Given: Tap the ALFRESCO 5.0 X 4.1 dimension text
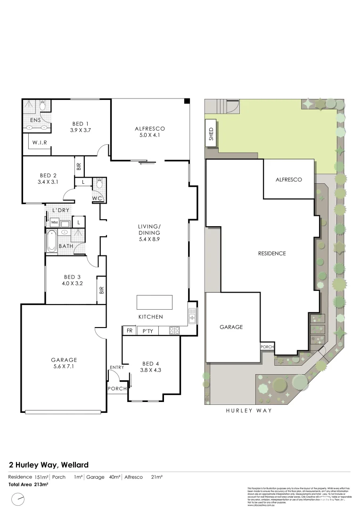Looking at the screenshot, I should [x=150, y=136].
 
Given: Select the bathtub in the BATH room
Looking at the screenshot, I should [x=51, y=240].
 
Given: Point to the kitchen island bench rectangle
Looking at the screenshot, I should [x=155, y=302].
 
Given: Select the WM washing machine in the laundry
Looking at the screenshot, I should [x=54, y=222].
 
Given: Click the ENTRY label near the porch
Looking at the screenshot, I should [x=116, y=368].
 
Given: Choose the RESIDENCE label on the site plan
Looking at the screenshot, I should [x=272, y=254].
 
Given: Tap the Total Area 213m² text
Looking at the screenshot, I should [x=28, y=484].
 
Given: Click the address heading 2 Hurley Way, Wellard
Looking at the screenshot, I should [x=45, y=465].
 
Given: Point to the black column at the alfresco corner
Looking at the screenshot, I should [x=187, y=101].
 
